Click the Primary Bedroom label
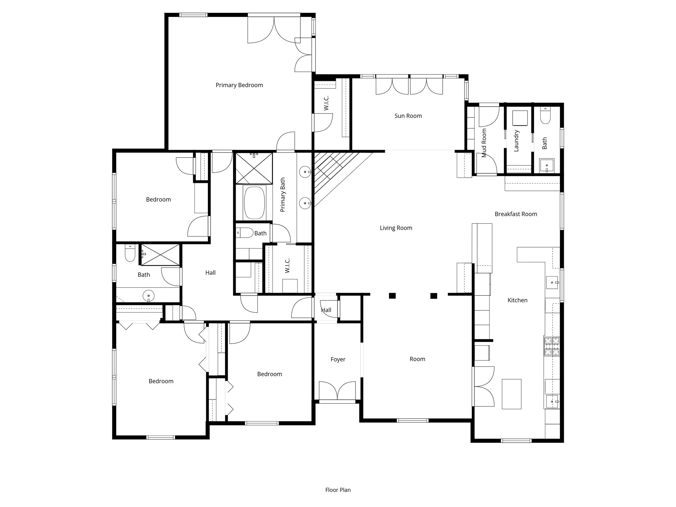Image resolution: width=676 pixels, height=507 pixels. pyautogui.click(x=239, y=85)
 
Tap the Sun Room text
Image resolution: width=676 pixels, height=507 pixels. pyautogui.click(x=408, y=116)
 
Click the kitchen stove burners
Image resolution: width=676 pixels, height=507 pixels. pyautogui.click(x=552, y=346)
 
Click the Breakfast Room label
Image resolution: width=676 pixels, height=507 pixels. pyautogui.click(x=516, y=214)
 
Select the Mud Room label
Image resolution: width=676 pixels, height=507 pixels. pyautogui.click(x=484, y=143)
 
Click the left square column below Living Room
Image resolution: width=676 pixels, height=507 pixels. pyautogui.click(x=392, y=296)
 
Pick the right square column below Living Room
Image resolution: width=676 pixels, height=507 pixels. pyautogui.click(x=434, y=296)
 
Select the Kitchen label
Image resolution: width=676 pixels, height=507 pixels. pyautogui.click(x=517, y=300)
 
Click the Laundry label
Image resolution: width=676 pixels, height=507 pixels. pyautogui.click(x=517, y=141)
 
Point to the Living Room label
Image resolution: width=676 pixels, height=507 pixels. pyautogui.click(x=396, y=228)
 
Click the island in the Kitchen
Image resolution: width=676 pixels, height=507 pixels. pyautogui.click(x=511, y=394)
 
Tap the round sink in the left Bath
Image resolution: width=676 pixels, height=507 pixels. pyautogui.click(x=149, y=296)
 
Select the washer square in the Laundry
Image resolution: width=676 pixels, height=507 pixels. pyautogui.click(x=520, y=118)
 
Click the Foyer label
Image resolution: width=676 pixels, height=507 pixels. pyautogui.click(x=338, y=359)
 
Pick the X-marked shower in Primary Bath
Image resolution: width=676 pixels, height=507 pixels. pyautogui.click(x=254, y=168)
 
